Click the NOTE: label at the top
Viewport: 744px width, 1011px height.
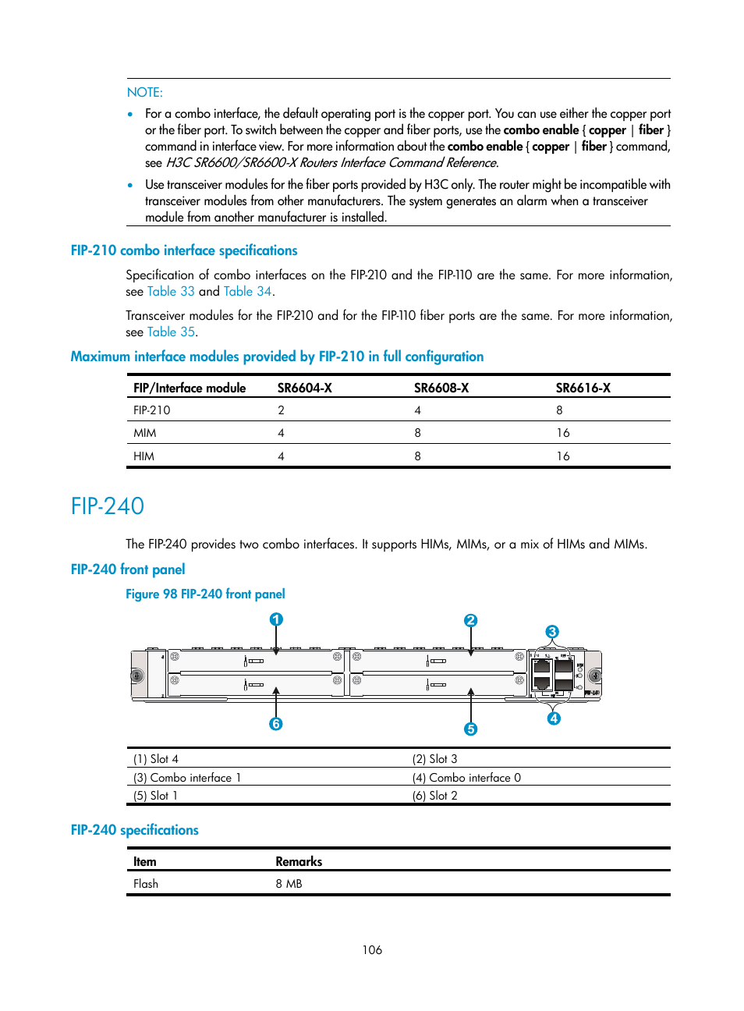pyautogui.click(x=144, y=92)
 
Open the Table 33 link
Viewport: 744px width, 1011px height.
pyautogui.click(x=171, y=292)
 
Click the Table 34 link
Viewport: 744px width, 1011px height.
pyautogui.click(x=247, y=292)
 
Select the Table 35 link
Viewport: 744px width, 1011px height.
pyautogui.click(x=171, y=332)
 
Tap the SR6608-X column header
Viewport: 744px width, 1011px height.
pyautogui.click(x=441, y=388)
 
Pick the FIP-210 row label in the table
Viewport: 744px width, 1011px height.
pyautogui.click(x=151, y=410)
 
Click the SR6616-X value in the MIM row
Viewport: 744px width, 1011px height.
pyautogui.click(x=562, y=433)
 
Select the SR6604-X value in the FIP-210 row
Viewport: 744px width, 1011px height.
pyautogui.click(x=281, y=410)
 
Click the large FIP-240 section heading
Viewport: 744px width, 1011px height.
pyautogui.click(x=108, y=506)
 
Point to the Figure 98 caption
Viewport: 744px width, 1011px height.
pyautogui.click(x=205, y=594)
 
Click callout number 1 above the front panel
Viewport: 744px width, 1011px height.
pyautogui.click(x=276, y=619)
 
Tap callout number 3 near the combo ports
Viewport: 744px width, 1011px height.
pyautogui.click(x=552, y=632)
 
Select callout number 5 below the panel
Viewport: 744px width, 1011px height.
pyautogui.click(x=470, y=729)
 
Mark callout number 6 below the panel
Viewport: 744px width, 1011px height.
pyautogui.click(x=276, y=724)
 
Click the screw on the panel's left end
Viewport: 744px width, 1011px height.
pyautogui.click(x=137, y=676)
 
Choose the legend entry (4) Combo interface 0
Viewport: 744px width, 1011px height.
pyautogui.click(x=466, y=778)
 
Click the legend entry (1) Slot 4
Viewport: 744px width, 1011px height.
pyautogui.click(x=156, y=759)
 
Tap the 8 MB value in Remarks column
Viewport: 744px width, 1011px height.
pyautogui.click(x=289, y=884)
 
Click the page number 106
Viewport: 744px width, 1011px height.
pyautogui.click(x=372, y=950)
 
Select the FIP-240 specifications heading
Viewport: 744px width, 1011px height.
pyautogui.click(x=134, y=830)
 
